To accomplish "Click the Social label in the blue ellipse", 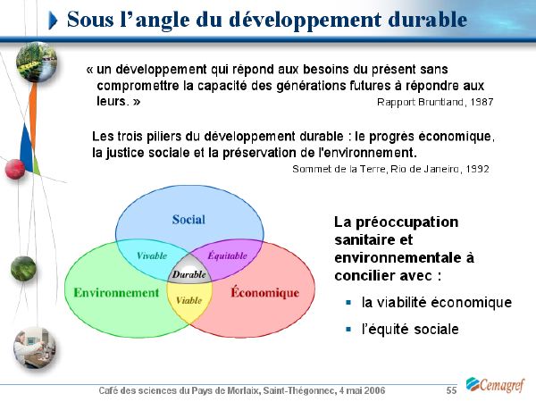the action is [x=188, y=220].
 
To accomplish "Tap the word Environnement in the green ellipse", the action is [x=116, y=293].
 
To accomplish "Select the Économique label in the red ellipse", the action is [x=265, y=292].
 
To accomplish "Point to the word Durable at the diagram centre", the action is [x=189, y=274].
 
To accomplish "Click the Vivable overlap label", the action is [x=152, y=255].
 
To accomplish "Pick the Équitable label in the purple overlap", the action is [x=227, y=255].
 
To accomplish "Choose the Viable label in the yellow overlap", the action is [x=189, y=300].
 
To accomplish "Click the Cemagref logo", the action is [x=495, y=385].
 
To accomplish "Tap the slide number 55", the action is [x=451, y=390].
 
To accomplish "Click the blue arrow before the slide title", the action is [x=53, y=21].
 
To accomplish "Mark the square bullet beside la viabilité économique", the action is [x=348, y=302].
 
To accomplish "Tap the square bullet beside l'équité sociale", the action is [x=348, y=329].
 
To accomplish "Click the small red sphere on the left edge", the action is [x=15, y=169].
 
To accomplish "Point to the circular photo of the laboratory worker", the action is [x=34, y=348].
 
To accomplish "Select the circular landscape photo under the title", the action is [x=37, y=62].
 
